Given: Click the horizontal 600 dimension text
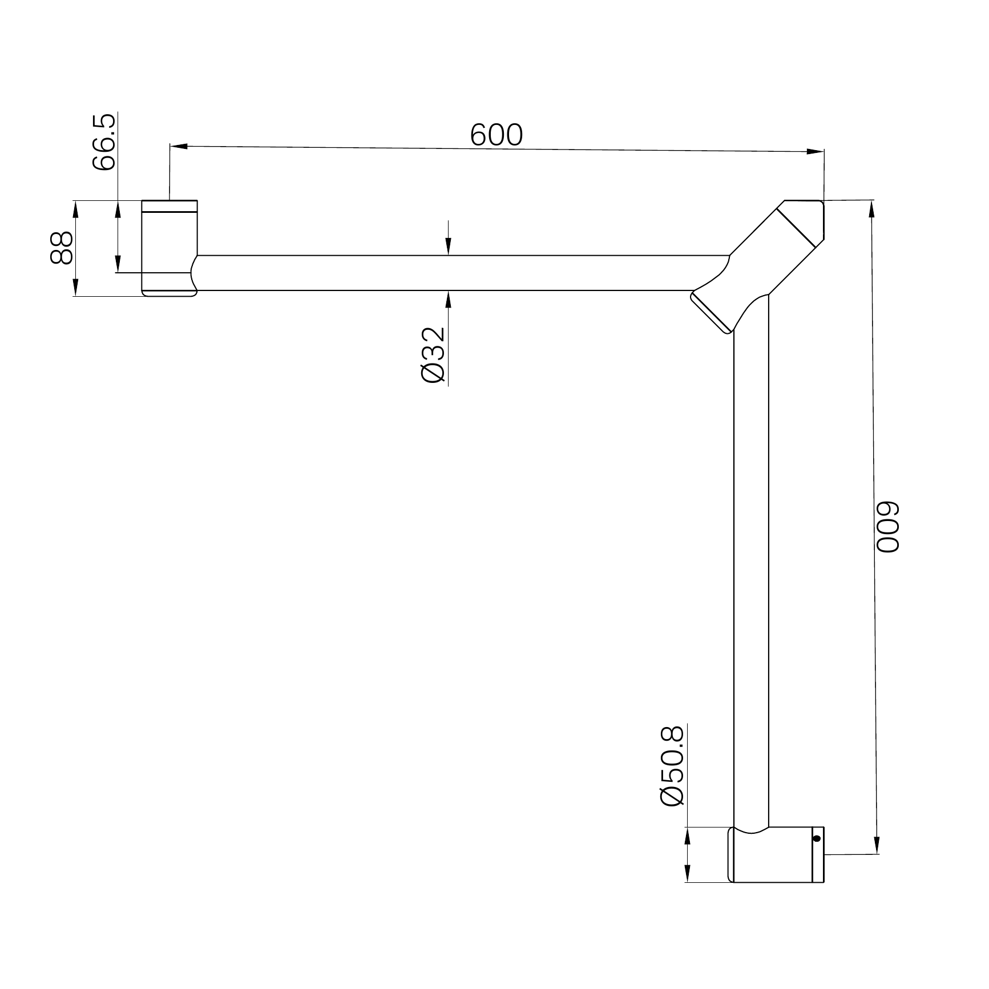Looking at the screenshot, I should point(496,136).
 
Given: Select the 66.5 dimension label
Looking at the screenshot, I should point(104,142).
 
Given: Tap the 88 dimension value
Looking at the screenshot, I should point(61,248).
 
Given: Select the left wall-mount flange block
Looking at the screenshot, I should point(169,248).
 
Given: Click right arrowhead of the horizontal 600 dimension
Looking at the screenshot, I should point(816,151).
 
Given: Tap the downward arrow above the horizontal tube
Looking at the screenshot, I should point(449,247).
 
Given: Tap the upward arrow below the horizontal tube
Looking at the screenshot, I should point(449,299).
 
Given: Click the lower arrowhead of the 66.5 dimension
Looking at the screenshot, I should point(118,264).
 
